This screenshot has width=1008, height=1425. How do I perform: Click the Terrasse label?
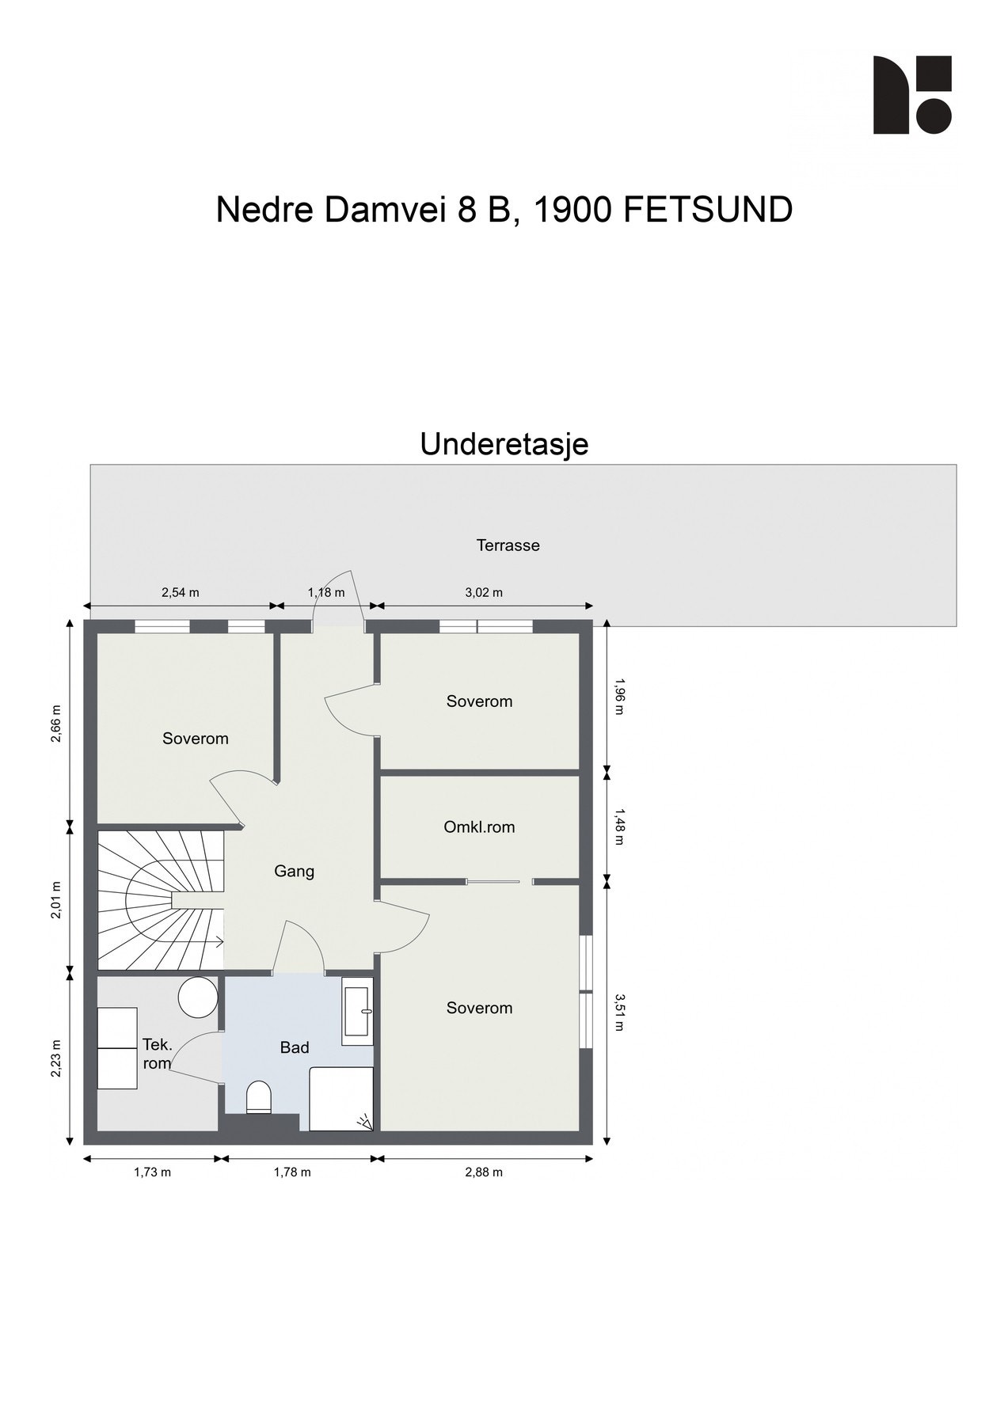point(508,545)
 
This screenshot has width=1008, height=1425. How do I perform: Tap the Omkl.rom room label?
point(479,827)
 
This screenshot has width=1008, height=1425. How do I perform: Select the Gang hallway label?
point(294,872)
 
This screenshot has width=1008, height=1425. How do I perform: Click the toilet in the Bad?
point(259,1098)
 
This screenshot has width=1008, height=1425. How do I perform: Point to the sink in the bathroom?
point(358,1010)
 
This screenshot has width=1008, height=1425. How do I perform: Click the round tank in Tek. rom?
point(197,997)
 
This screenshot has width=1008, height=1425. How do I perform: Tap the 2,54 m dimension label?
point(180,592)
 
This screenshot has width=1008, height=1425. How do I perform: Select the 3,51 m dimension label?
point(619,1013)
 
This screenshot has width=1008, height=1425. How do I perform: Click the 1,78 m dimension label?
point(292,1172)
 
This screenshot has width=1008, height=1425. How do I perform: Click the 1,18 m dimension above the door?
point(326,592)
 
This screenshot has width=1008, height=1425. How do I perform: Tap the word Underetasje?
point(504,444)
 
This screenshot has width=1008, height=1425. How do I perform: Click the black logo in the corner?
point(911,95)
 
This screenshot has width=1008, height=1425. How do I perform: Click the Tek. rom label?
point(157,1054)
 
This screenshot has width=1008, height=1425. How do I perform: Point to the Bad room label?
point(295,1048)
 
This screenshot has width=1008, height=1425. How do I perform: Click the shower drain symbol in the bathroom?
point(364,1121)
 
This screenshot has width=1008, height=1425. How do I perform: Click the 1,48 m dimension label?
point(619,826)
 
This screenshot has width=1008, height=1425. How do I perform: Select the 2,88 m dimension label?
point(484,1172)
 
